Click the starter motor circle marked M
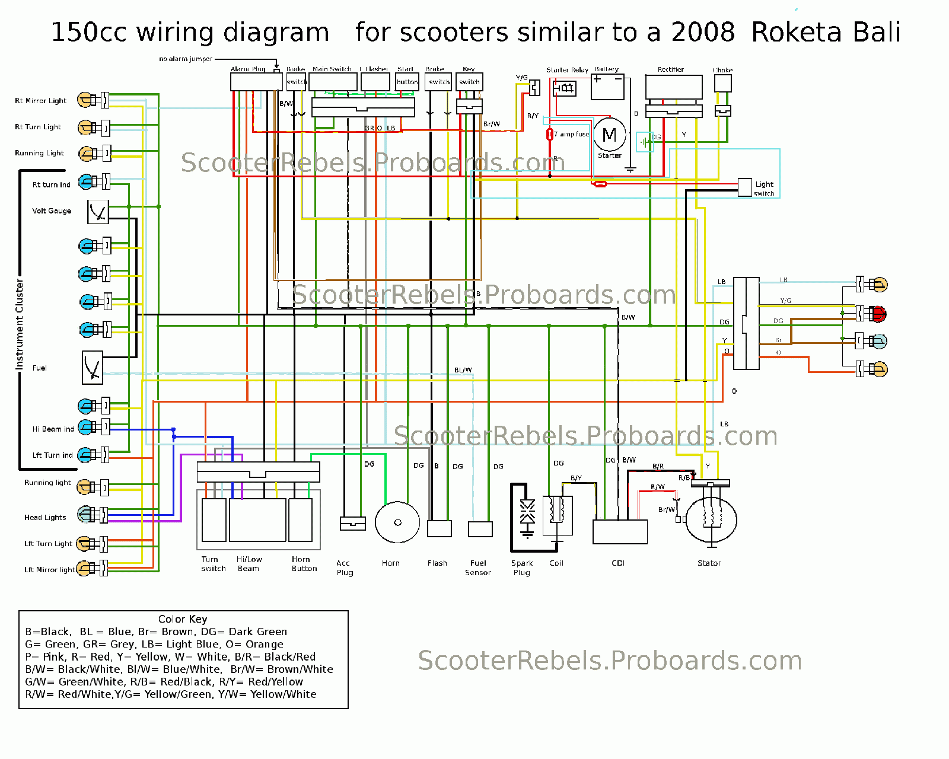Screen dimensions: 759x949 pyautogui.click(x=609, y=135)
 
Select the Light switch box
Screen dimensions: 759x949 pyautogui.click(x=745, y=187)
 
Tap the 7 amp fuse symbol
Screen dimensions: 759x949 pyautogui.click(x=550, y=134)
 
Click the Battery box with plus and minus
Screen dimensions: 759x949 pyautogui.click(x=607, y=87)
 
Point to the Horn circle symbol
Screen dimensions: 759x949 pyautogui.click(x=397, y=522)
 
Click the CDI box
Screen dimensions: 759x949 pyautogui.click(x=620, y=532)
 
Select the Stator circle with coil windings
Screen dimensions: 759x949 pyautogui.click(x=711, y=519)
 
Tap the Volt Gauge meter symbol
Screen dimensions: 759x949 pyautogui.click(x=98, y=212)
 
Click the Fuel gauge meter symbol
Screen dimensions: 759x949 pyautogui.click(x=92, y=368)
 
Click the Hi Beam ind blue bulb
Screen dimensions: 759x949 pyautogui.click(x=87, y=427)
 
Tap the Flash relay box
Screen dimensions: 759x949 pyautogui.click(x=440, y=528)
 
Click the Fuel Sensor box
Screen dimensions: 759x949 pyautogui.click(x=480, y=528)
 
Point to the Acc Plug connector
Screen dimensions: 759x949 pyautogui.click(x=352, y=523)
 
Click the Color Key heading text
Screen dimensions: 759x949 pyautogui.click(x=183, y=619)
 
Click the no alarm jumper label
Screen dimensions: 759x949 pyautogui.click(x=186, y=59)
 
